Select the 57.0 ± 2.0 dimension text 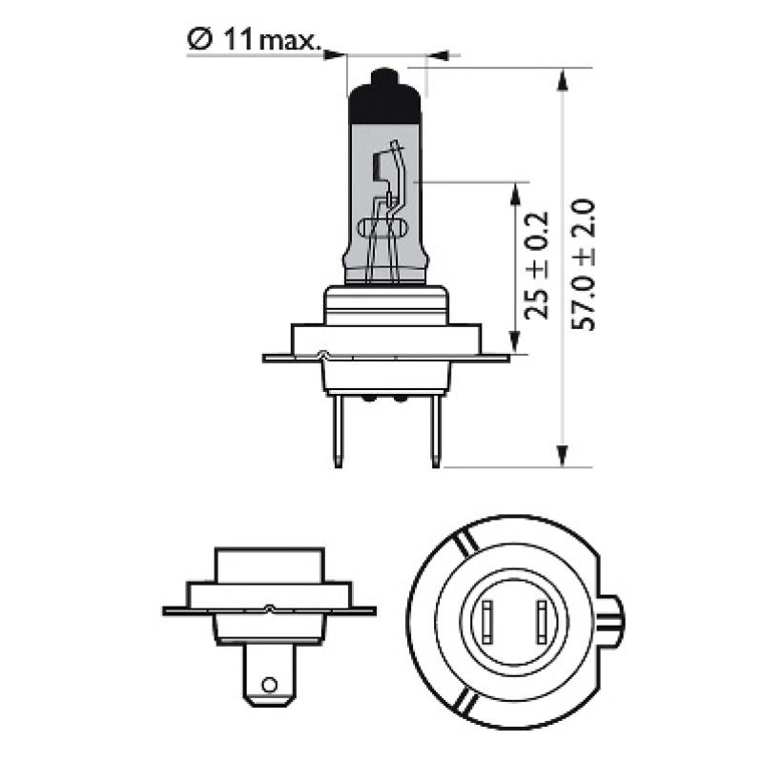click(583, 264)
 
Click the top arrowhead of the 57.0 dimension click(564, 76)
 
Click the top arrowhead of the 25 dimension click(516, 190)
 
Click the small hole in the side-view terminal click(270, 684)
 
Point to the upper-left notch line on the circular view click(462, 546)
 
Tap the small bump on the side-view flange click(271, 608)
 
